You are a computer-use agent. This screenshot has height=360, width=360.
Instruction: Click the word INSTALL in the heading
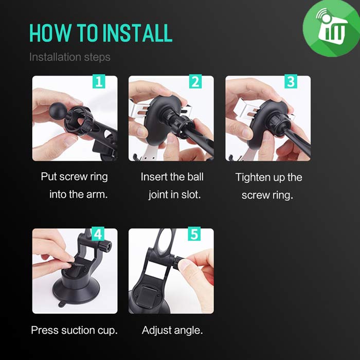[137, 33]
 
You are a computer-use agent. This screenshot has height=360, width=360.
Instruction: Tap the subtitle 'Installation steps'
[70, 57]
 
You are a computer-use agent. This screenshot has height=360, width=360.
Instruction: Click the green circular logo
[331, 28]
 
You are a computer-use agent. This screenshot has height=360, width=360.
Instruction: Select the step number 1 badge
[99, 81]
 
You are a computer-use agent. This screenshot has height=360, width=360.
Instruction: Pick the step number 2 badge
[195, 81]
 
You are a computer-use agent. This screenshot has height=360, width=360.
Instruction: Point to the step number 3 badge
[291, 81]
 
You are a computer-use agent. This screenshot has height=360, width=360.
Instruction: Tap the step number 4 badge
[98, 234]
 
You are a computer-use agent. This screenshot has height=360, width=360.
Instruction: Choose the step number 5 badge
[194, 234]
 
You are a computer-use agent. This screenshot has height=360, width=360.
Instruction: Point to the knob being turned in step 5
[177, 263]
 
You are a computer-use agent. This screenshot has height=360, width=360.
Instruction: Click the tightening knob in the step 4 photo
[104, 246]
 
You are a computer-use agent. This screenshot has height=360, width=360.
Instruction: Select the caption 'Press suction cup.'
[75, 330]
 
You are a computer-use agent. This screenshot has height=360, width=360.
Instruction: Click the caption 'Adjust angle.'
[172, 331]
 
